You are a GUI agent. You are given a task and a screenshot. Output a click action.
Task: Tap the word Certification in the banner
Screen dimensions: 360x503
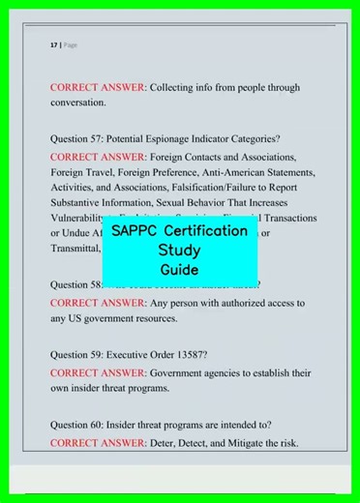point(206,232)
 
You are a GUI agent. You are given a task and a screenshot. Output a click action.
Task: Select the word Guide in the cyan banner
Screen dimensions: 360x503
point(180,270)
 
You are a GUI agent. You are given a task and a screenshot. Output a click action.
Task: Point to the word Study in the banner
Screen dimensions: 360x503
point(180,251)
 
